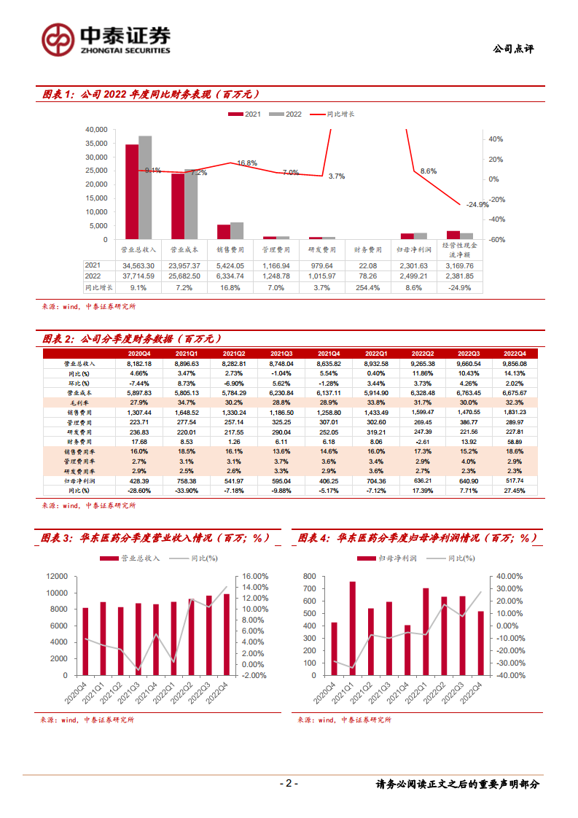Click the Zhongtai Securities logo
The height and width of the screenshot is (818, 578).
106,39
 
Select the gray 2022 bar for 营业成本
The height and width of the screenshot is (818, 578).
191,204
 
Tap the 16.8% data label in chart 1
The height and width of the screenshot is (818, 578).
247,163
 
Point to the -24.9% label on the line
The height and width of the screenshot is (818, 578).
477,205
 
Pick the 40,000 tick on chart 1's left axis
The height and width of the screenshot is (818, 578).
96,129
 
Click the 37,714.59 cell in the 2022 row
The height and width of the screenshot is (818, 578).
144,276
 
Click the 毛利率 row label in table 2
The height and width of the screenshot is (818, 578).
75,402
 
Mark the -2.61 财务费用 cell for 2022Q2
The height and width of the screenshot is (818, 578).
423,441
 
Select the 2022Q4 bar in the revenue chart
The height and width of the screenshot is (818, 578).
226,634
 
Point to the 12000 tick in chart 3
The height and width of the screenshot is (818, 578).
56,576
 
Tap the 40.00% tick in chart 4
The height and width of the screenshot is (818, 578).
511,576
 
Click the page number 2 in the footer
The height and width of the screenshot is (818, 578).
289,784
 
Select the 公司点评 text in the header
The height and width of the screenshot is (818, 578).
513,49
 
